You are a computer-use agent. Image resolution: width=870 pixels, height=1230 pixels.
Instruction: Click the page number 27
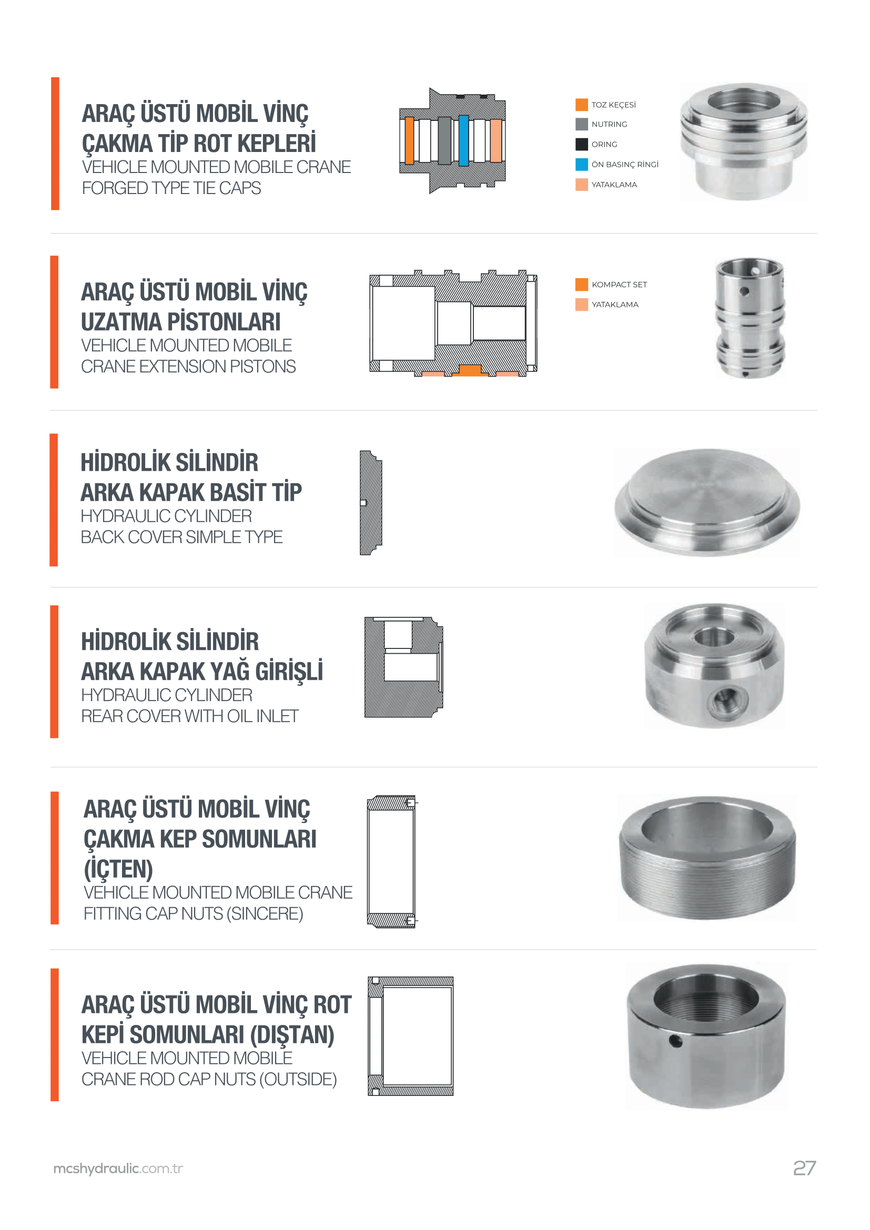tap(804, 1168)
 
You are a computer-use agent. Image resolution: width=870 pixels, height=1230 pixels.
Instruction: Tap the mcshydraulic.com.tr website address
tap(118, 1169)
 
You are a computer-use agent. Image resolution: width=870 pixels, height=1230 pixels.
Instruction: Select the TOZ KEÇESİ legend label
tap(613, 105)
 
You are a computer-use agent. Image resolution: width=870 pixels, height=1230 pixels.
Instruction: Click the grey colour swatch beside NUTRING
tap(582, 124)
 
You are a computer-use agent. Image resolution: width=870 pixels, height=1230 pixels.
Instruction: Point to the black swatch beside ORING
tap(582, 144)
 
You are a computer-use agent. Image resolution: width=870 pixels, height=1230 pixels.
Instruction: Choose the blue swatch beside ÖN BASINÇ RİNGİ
tap(582, 164)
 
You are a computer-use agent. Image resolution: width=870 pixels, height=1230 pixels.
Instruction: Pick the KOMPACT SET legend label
tap(619, 284)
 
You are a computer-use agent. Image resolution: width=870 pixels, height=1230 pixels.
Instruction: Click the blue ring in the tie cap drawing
tap(463, 140)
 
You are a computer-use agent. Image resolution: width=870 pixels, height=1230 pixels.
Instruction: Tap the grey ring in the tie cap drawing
tap(444, 140)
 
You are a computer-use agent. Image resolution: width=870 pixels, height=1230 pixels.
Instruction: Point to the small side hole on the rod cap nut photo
tap(675, 1041)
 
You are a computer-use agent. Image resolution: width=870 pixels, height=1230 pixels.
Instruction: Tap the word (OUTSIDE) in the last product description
tap(298, 1079)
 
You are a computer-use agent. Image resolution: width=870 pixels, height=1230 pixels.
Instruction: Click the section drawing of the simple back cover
tap(371, 503)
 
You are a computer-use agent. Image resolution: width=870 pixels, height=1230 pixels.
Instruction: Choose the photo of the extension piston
tap(750, 318)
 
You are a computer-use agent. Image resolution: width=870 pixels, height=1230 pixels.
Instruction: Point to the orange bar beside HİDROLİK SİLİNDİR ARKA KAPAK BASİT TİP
tap(54, 500)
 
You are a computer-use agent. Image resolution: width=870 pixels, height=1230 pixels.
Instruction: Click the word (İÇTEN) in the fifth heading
tap(118, 869)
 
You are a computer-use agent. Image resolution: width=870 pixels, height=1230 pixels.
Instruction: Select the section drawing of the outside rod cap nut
tap(410, 1036)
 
